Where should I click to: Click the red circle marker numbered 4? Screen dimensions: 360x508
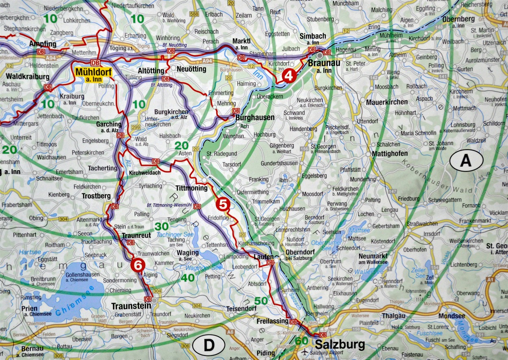click(289, 76)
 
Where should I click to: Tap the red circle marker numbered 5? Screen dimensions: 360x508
click(223, 204)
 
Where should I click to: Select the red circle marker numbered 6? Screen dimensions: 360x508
click(138, 265)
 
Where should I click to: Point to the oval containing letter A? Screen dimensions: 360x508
click(466, 161)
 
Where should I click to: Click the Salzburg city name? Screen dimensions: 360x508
click(340, 345)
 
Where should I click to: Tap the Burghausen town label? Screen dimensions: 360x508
click(255, 117)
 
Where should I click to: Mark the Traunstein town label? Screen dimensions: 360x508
click(131, 306)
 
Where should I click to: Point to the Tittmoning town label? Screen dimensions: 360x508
click(191, 188)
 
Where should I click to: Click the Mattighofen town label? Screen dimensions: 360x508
click(390, 154)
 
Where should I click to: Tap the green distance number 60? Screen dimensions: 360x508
click(302, 340)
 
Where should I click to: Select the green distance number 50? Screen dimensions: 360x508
click(261, 301)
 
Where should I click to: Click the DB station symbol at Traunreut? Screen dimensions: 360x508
click(130, 243)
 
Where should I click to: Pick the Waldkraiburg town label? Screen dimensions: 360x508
click(28, 76)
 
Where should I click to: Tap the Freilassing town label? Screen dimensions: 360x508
click(272, 321)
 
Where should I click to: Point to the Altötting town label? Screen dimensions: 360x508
click(151, 70)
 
